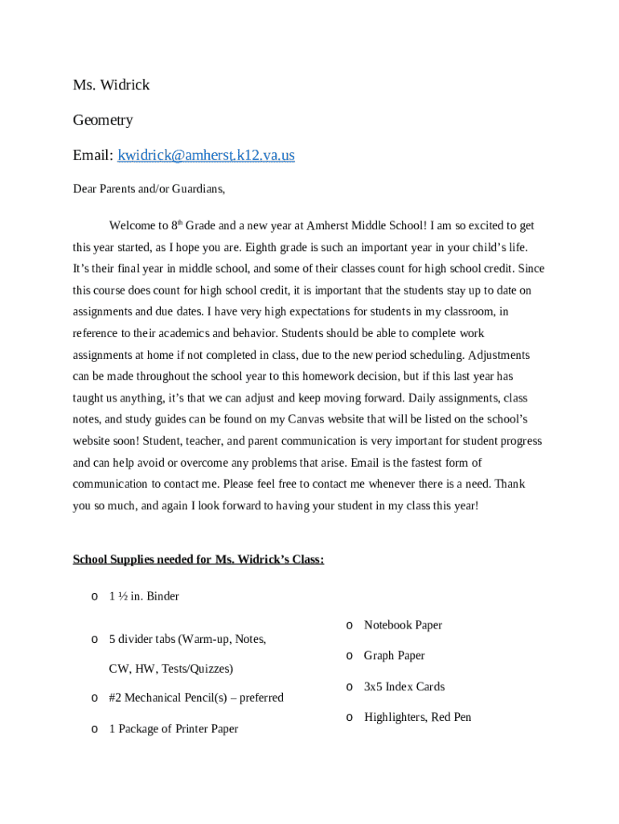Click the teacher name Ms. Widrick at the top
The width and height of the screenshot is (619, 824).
pos(111,84)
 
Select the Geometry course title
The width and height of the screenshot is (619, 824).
pos(103,120)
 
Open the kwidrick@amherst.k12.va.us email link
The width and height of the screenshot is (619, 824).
pos(206,155)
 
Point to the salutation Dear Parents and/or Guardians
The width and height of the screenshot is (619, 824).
pos(149,189)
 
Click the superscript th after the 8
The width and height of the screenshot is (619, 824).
pos(180,222)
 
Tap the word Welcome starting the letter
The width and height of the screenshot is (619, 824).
pos(132,226)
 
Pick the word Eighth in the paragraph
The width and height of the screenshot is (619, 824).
pos(260,247)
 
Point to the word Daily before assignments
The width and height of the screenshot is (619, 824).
pos(423,398)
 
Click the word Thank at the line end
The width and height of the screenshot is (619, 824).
pos(510,484)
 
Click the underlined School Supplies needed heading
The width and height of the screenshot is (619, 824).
pos(199,559)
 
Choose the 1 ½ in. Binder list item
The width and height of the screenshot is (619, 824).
pos(144,596)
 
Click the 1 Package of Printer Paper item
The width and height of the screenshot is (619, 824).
pos(174,729)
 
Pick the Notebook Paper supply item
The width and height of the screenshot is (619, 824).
pos(403,625)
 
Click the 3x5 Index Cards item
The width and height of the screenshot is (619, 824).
pos(404,686)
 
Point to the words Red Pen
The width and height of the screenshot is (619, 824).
pos(451,717)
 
